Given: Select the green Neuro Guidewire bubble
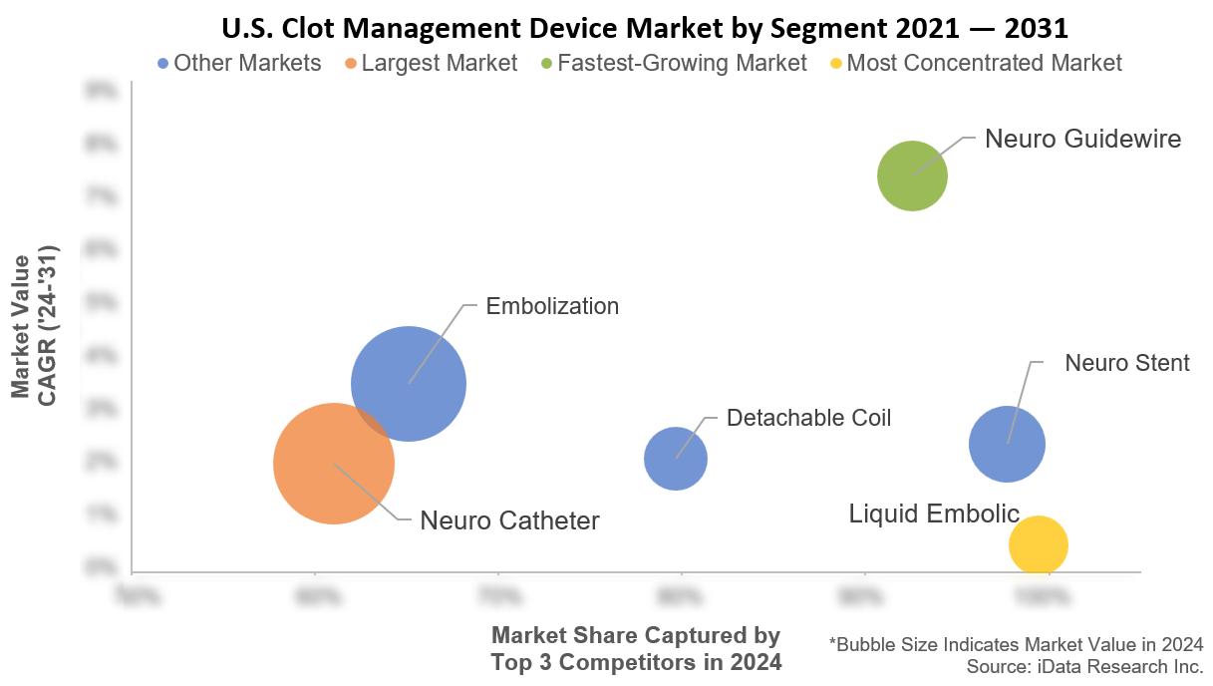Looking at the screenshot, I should pyautogui.click(x=911, y=176).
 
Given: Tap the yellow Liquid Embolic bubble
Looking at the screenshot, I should pyautogui.click(x=1038, y=545).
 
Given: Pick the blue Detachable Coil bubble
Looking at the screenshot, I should pyautogui.click(x=676, y=459).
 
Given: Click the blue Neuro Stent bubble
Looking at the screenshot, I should pyautogui.click(x=1007, y=445).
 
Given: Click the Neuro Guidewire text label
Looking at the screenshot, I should pyautogui.click(x=1082, y=139).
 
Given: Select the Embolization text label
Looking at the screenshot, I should pyautogui.click(x=552, y=306).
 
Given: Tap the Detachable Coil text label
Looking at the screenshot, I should pyautogui.click(x=808, y=418).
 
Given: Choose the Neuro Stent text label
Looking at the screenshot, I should pyautogui.click(x=1126, y=363).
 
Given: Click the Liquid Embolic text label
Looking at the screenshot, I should pyautogui.click(x=934, y=514).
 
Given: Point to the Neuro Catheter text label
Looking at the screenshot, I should pyautogui.click(x=509, y=520).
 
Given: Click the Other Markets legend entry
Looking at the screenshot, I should pyautogui.click(x=239, y=63).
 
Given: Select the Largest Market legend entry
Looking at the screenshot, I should pyautogui.click(x=431, y=63).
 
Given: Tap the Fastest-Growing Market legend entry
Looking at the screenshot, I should pyautogui.click(x=673, y=63).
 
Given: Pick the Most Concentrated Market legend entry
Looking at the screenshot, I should pyautogui.click(x=975, y=63).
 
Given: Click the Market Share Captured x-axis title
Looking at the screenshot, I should pyautogui.click(x=636, y=648).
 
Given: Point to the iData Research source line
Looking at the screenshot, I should pyautogui.click(x=1084, y=665).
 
